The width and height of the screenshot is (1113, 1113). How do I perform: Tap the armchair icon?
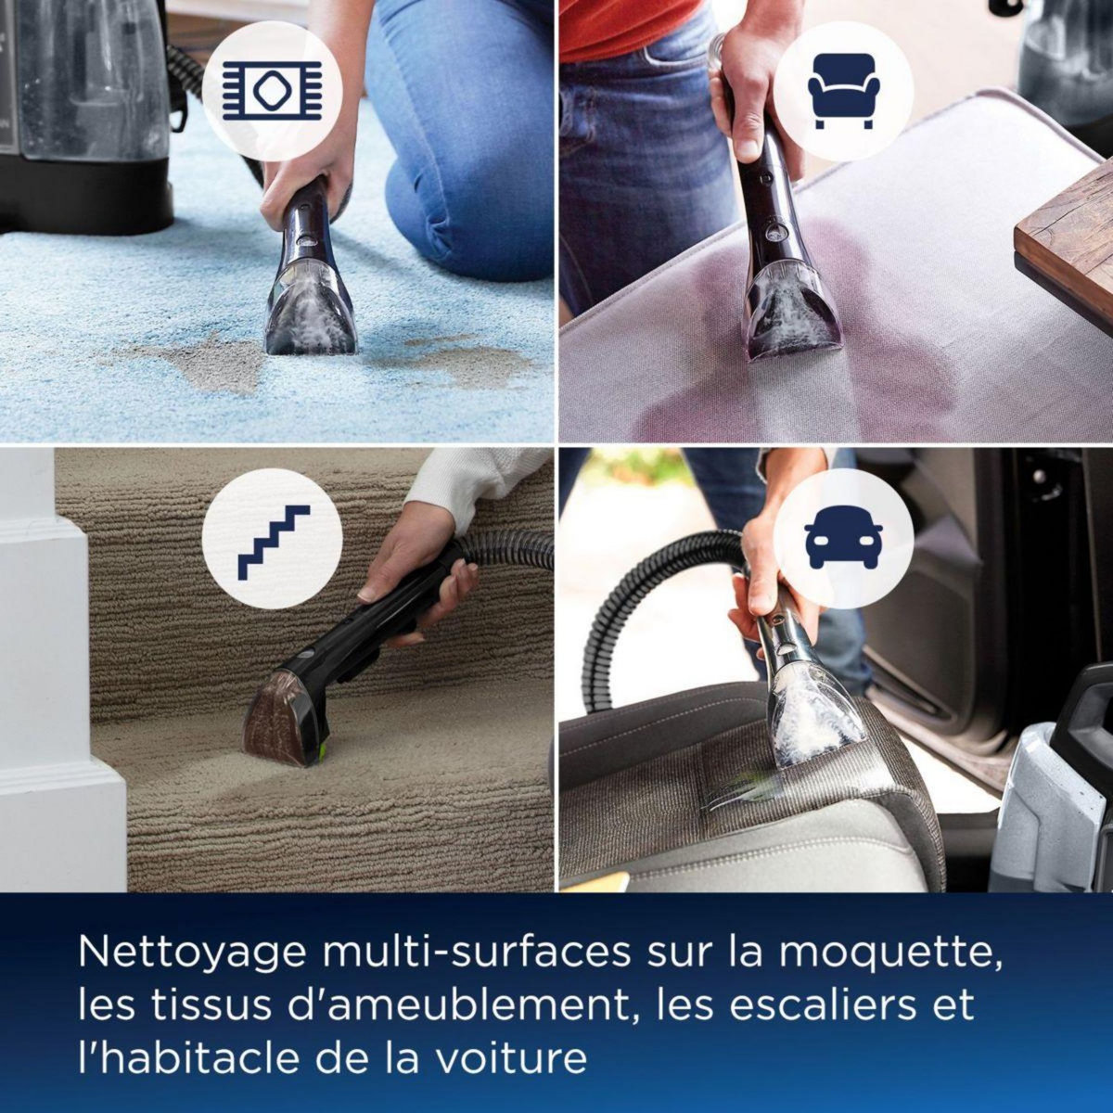[842, 90]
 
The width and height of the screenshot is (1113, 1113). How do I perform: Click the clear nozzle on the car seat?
[812, 714]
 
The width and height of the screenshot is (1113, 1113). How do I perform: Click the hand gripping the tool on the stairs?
[408, 575]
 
